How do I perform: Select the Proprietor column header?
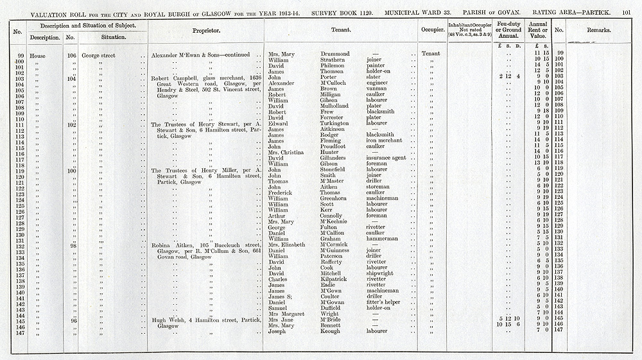coord(206,31)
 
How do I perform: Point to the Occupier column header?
coord(430,30)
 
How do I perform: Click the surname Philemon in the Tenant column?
coord(336,65)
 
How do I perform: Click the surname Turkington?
coord(340,123)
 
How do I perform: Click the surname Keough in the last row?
coord(332,331)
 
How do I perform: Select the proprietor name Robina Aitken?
coord(170,244)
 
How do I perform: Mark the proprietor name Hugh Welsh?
coord(166,320)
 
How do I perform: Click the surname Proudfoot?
coord(337,146)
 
